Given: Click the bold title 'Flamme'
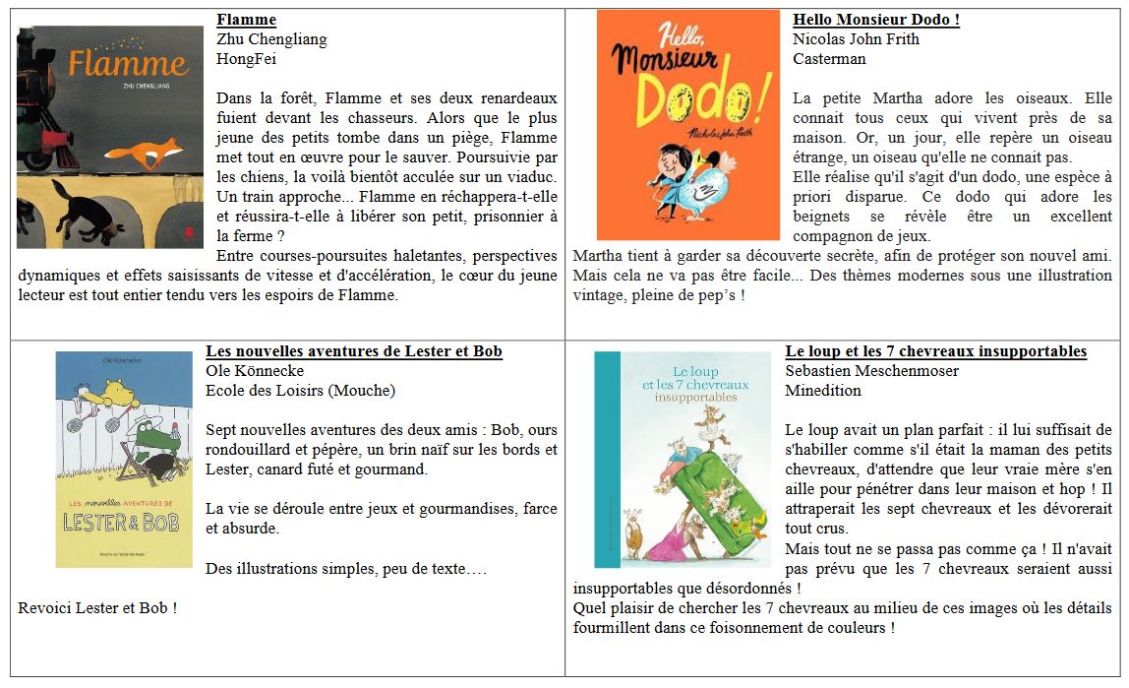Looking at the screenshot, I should coord(246,20).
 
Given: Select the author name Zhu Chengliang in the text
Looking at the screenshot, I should coord(271,39).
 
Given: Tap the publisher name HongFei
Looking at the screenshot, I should coord(246,59).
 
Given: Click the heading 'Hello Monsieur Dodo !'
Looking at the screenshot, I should coord(875,20).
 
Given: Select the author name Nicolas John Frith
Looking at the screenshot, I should coord(856,39).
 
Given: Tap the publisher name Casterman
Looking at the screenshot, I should coord(829,59).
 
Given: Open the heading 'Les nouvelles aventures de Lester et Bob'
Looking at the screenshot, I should coord(354,351).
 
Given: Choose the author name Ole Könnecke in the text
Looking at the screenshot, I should coord(255,371).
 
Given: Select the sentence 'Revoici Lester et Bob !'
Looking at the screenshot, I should coord(97,608).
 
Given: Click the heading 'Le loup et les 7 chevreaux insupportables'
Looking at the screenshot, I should coord(935,351).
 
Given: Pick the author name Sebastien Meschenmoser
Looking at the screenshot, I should coord(871,371).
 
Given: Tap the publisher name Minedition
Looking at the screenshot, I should coord(822,391).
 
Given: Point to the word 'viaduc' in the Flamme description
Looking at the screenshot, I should coord(532,177).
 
